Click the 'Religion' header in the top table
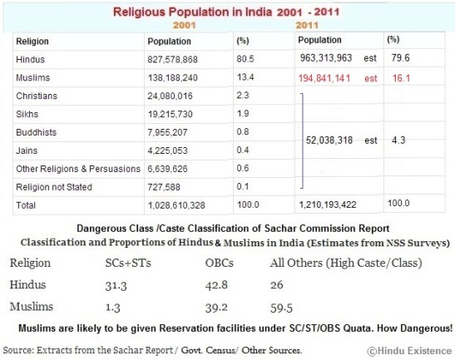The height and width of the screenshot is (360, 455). pos(32,41)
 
